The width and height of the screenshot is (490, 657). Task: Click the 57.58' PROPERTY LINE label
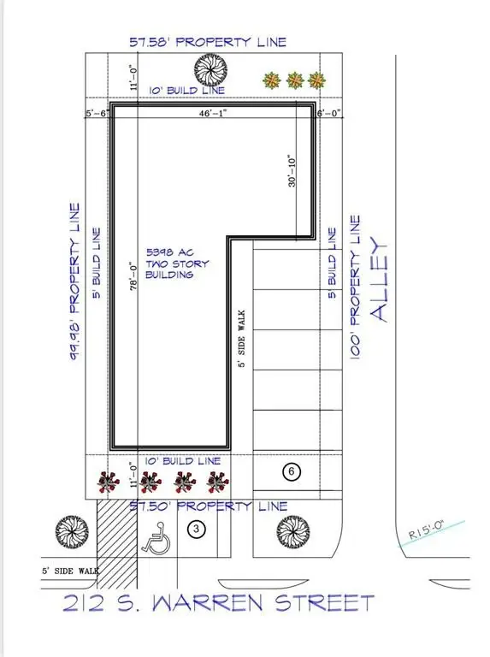[x=207, y=42]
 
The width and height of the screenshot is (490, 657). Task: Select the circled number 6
[x=292, y=471]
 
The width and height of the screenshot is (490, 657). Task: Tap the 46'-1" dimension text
[x=210, y=113]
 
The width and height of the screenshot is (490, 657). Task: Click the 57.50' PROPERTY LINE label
[x=208, y=506]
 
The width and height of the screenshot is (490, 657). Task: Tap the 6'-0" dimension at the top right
[x=328, y=113]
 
